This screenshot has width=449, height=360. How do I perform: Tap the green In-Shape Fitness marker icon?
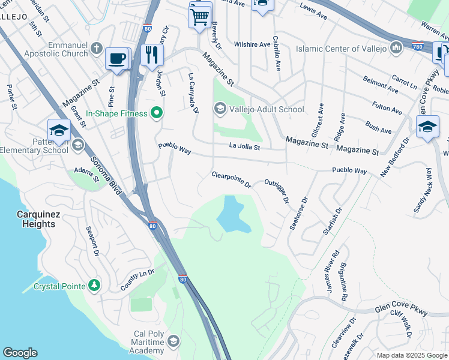(x=157, y=112)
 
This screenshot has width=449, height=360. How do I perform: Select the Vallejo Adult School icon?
(x=220, y=109)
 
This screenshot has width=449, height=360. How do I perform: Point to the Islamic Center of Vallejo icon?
(x=396, y=47)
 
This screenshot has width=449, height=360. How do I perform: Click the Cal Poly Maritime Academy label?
(x=139, y=342)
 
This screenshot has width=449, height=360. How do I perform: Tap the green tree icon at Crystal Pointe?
(x=94, y=285)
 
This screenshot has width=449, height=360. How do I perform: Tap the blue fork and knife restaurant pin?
(x=152, y=55)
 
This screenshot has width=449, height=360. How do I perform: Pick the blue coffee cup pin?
(x=117, y=59)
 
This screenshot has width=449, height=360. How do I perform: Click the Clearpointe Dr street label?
(x=231, y=179)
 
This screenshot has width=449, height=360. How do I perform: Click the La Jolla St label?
(x=244, y=146)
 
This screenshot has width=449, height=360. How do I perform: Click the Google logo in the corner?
(x=20, y=353)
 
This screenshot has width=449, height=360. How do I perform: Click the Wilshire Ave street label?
(x=253, y=44)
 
